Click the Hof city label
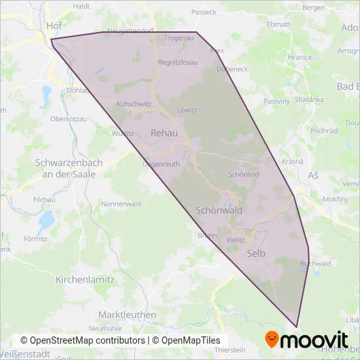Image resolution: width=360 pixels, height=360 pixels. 54,26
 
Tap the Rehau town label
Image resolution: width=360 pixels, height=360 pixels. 164,133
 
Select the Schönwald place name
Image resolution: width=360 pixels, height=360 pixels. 219,211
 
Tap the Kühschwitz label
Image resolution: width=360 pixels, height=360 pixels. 134,104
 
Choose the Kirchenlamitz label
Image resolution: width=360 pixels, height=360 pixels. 85,279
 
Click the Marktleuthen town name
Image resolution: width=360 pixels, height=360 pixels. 127,315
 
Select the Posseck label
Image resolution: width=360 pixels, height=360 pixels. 204,12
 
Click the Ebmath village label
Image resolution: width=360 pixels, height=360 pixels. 279,24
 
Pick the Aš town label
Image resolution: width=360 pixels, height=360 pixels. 312,175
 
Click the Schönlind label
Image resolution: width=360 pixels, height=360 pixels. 243,175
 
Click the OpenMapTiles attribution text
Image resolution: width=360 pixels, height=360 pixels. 187,340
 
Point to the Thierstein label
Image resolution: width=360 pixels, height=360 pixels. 238,350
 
